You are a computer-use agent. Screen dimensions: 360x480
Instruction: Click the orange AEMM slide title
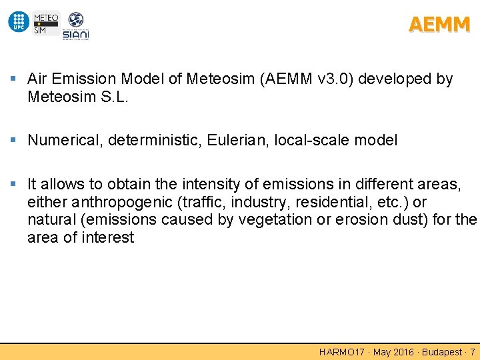[x=439, y=25]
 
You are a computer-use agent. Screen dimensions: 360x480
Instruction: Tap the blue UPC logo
[x=19, y=22]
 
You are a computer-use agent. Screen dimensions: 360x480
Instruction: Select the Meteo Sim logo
[x=45, y=22]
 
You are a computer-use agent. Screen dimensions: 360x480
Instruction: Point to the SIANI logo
[x=75, y=26]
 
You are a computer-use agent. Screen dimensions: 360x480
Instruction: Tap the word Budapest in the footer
[x=441, y=352]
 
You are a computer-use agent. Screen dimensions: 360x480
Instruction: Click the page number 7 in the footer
[x=473, y=352]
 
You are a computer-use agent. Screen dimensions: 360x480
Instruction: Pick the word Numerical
[x=65, y=141]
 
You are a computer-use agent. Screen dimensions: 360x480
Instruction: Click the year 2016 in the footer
[x=404, y=352]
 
